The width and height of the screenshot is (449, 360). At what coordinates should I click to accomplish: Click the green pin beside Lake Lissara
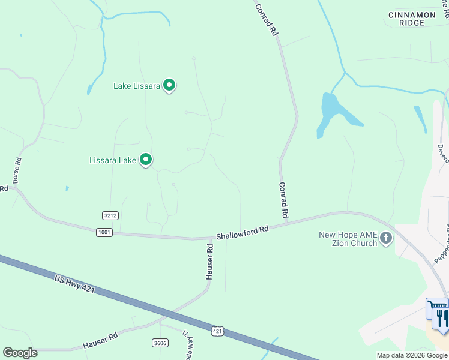tap(169, 85)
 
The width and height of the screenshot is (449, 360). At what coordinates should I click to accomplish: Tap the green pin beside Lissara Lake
tap(146, 160)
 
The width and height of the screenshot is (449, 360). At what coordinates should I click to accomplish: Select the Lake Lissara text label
tap(137, 86)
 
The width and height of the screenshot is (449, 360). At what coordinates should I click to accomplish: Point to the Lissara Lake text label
tap(113, 160)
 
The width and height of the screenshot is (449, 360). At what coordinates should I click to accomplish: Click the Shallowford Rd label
tap(242, 233)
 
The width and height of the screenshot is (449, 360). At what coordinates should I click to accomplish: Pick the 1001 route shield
tap(104, 232)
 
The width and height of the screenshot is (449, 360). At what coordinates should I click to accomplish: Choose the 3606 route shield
tap(160, 342)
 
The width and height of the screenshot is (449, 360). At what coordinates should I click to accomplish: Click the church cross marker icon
tap(385, 239)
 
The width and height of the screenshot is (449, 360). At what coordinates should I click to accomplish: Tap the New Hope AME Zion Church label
tap(348, 239)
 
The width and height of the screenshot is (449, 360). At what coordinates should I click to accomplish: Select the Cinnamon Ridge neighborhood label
tap(415, 19)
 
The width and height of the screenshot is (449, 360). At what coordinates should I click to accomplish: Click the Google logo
tap(20, 353)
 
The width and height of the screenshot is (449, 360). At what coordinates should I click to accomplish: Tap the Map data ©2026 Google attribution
tap(412, 355)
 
